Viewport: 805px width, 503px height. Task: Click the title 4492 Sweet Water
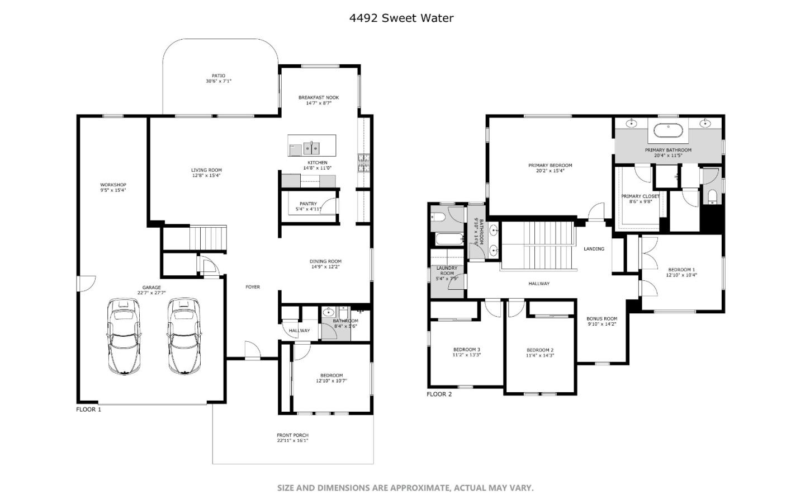(401, 18)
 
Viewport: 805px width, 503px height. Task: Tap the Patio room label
(218, 76)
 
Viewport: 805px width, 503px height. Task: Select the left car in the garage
(124, 336)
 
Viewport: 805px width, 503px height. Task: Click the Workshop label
(113, 185)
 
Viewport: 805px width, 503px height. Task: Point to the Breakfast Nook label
(319, 98)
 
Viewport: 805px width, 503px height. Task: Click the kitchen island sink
(311, 148)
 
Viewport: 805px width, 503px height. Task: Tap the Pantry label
(308, 204)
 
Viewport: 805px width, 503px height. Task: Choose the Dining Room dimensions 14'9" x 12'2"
(325, 267)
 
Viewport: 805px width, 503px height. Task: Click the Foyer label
(253, 287)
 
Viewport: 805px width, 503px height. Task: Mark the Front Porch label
(292, 435)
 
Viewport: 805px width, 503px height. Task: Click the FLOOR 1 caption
(89, 410)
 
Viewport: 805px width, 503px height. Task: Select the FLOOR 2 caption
(439, 394)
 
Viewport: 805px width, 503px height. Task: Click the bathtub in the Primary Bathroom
(668, 131)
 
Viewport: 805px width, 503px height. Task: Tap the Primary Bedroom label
(550, 166)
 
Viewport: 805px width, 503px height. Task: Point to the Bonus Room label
(602, 319)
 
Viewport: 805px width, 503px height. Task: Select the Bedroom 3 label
(466, 350)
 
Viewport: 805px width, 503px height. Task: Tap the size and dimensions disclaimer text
(405, 488)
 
